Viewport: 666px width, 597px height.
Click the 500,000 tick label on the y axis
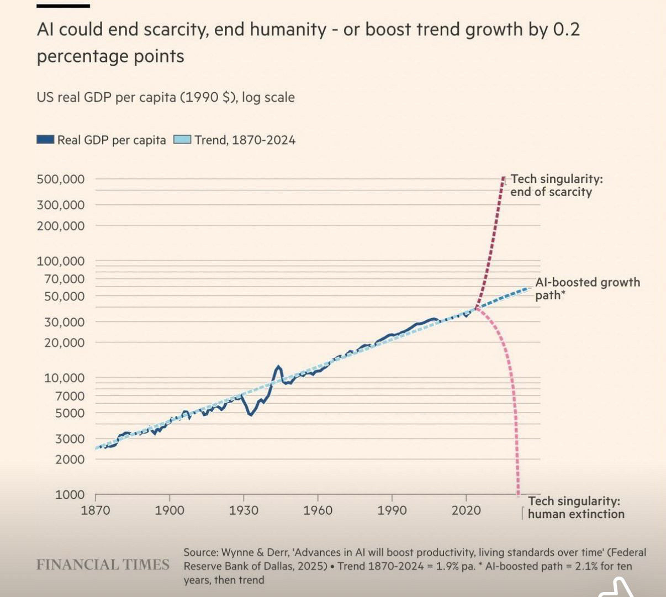(x=61, y=179)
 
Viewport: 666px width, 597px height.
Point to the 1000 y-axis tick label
(x=70, y=495)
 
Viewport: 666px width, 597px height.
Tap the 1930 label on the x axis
(x=244, y=510)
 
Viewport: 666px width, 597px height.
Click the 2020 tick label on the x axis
(x=466, y=510)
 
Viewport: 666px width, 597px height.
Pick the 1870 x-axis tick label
(x=96, y=510)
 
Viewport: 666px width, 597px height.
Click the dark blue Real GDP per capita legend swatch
(x=45, y=140)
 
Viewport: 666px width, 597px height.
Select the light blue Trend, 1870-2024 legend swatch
(x=182, y=140)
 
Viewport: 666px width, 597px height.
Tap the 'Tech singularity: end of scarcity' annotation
(x=555, y=186)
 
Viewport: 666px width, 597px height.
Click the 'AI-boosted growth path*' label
(x=586, y=288)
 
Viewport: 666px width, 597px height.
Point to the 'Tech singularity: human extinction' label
(x=575, y=508)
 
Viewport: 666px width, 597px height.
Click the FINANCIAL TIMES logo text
(x=103, y=564)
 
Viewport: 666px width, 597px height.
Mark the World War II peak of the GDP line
(x=278, y=367)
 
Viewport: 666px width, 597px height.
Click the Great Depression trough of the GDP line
(x=250, y=414)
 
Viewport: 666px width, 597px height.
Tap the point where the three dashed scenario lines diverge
(x=476, y=308)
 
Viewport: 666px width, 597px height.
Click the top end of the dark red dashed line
(x=503, y=178)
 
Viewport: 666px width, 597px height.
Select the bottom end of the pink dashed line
(x=518, y=494)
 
